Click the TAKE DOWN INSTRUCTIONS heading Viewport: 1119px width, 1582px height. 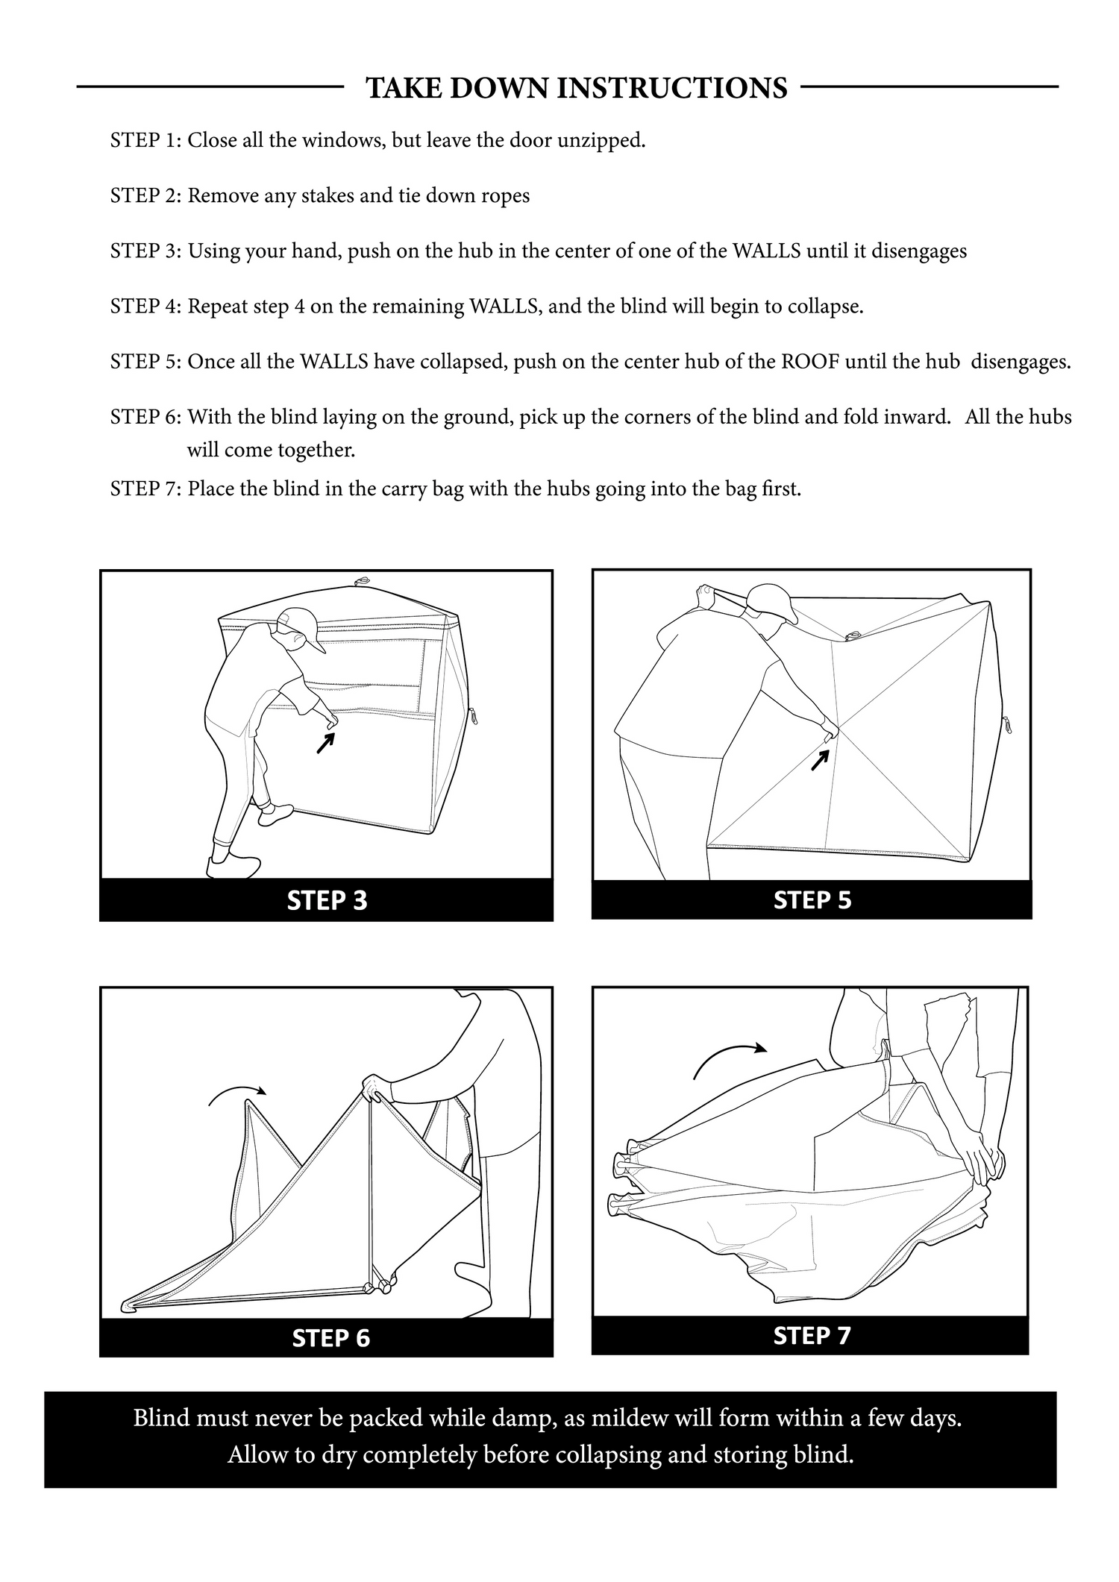(576, 88)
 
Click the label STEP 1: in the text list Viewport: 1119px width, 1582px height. (145, 140)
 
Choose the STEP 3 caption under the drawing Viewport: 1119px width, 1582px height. (327, 900)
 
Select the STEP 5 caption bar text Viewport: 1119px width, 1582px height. (812, 900)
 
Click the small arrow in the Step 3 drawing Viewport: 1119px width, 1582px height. (325, 743)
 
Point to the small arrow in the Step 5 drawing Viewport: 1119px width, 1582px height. (820, 759)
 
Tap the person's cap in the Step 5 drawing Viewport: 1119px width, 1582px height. (773, 600)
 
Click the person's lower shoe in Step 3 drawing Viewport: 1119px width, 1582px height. (233, 867)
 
